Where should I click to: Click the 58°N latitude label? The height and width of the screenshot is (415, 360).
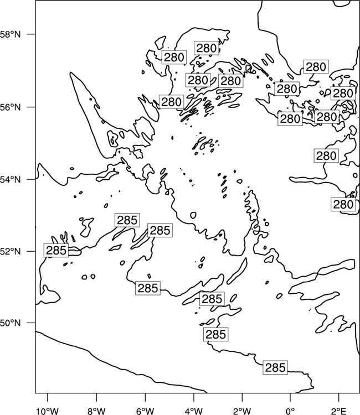click(x=11, y=34)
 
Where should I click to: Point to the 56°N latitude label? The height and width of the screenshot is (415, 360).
click(x=11, y=107)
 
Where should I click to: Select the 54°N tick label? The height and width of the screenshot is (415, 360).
click(x=11, y=180)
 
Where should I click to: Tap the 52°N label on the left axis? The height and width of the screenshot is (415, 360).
click(x=11, y=251)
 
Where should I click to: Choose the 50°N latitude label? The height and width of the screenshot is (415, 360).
click(x=11, y=323)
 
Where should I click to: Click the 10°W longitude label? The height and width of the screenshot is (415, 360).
click(x=48, y=411)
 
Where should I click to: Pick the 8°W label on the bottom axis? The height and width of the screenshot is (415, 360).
click(x=96, y=411)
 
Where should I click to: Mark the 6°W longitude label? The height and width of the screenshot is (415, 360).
click(x=145, y=411)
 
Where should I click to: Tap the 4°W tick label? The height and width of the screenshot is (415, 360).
click(x=194, y=411)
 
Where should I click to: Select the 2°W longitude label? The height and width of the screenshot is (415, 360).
click(x=242, y=411)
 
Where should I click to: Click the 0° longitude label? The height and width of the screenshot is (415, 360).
click(x=290, y=411)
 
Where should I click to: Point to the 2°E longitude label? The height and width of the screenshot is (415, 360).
click(x=339, y=411)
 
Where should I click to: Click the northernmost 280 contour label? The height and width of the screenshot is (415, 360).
click(x=207, y=48)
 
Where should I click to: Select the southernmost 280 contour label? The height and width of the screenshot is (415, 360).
click(x=343, y=204)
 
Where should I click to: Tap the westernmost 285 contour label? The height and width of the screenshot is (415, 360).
click(x=56, y=250)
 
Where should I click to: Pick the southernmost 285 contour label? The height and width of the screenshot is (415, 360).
click(x=275, y=367)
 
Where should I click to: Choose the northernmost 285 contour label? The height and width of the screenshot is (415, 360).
click(x=127, y=220)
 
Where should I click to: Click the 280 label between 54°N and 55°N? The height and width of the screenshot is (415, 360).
click(x=326, y=156)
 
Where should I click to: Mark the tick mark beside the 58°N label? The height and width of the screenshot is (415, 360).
click(x=31, y=34)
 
